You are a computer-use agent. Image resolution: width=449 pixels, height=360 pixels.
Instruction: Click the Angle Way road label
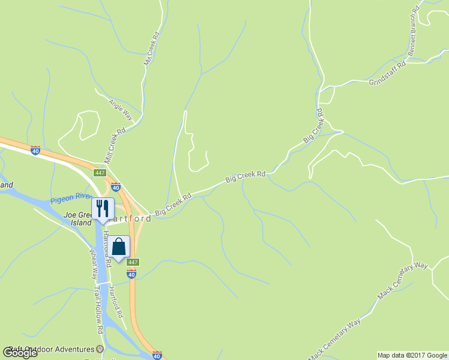pos(120,107)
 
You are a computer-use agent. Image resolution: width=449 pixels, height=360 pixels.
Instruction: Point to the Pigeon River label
pos(70,197)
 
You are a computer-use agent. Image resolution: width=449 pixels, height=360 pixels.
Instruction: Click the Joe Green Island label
pos(77,217)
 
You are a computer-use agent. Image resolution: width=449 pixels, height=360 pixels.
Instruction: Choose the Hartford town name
pos(131,219)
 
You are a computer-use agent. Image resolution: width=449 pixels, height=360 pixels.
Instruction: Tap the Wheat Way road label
pos(94,264)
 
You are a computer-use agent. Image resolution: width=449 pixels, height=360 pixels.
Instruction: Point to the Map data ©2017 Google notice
pos(412,355)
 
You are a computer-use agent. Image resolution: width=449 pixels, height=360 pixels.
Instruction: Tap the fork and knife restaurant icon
pos(102,209)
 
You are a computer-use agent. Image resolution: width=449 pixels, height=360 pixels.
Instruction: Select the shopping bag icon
pos(119,247)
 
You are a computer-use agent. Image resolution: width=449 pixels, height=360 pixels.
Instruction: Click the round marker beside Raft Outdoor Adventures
pos(101,349)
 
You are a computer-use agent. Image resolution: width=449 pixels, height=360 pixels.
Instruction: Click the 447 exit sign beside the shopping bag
pos(133,262)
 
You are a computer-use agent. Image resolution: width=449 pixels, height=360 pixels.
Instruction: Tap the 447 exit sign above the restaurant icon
pos(100,173)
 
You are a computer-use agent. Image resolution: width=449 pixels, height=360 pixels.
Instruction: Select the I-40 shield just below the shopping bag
pos(131,274)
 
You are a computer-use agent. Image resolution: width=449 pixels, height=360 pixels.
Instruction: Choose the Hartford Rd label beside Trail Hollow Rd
pos(116,302)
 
